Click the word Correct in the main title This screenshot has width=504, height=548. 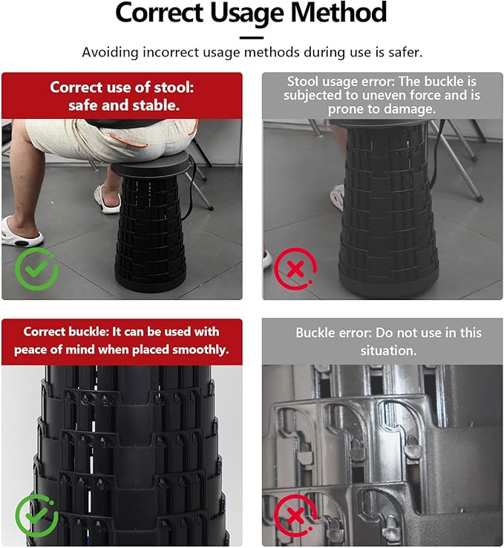pyautogui.click(x=160, y=13)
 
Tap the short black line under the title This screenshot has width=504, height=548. pyautogui.click(x=252, y=36)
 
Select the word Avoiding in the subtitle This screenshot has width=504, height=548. pyautogui.click(x=109, y=53)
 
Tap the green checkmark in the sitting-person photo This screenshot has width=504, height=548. pyautogui.click(x=36, y=269)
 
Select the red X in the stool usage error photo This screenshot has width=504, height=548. pyautogui.click(x=295, y=269)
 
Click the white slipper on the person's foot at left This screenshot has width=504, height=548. pyautogui.click(x=20, y=232)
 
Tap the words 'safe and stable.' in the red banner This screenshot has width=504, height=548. pyautogui.click(x=123, y=105)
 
